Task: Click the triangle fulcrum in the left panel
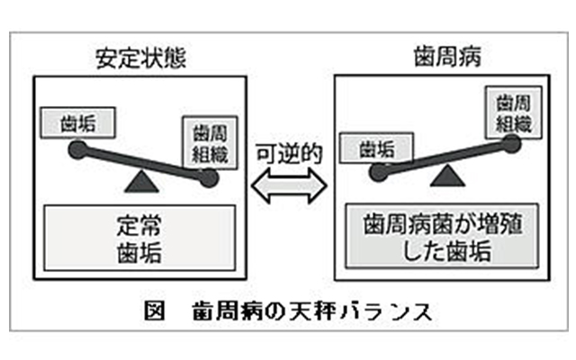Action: click(139, 184)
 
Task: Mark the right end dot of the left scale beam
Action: click(210, 179)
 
